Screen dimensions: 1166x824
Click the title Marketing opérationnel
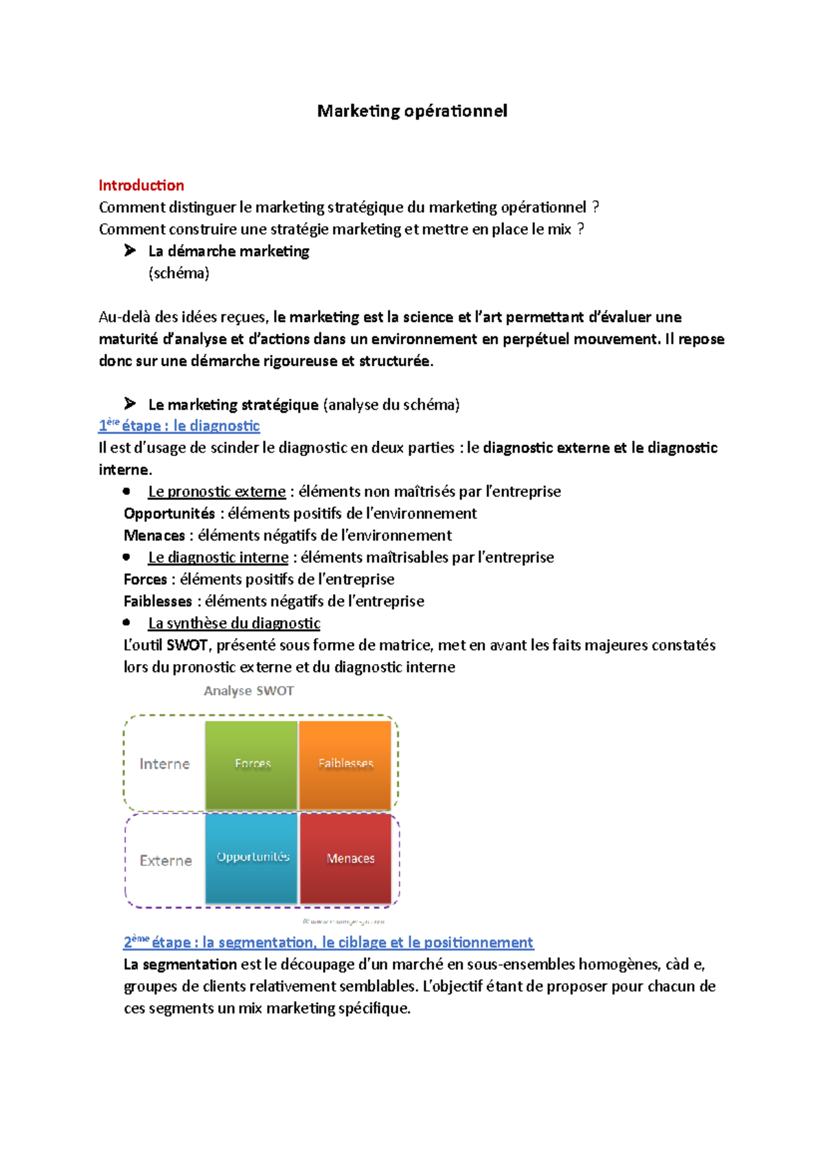pos(412,111)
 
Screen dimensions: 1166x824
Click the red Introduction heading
pos(141,185)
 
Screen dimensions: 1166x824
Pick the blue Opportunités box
pos(252,858)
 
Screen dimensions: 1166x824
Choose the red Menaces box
pos(350,858)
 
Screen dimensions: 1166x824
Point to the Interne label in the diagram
pos(165,764)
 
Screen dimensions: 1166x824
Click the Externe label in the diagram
pos(165,861)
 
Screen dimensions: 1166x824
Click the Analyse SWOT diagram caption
pos(249,691)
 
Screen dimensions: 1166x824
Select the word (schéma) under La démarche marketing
pos(179,273)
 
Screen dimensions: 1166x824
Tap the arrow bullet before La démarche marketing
pos(130,251)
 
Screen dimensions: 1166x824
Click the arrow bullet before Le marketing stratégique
pos(130,404)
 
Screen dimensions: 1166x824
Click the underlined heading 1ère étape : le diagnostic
pos(179,426)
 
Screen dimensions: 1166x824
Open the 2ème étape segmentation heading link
pos(328,942)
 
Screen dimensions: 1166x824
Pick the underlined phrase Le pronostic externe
pos(217,492)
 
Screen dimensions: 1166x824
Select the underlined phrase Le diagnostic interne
pos(218,558)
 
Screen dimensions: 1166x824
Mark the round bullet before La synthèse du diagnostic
pos(126,623)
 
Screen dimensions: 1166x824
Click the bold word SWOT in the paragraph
pos(187,645)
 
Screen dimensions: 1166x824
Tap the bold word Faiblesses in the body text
pos(158,602)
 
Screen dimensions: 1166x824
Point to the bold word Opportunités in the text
pos(169,514)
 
